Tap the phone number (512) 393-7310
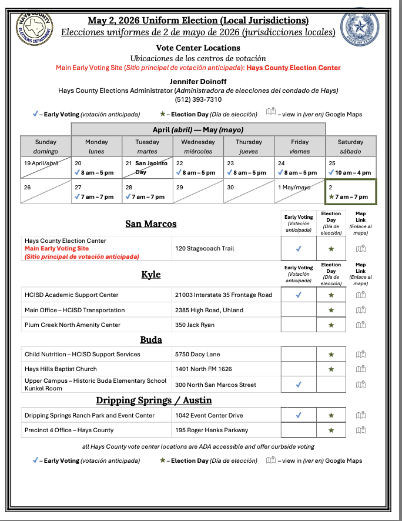pos(198,99)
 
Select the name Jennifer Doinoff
pos(198,81)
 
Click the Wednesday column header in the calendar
pos(198,146)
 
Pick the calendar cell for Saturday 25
pos(351,168)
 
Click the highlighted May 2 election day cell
pos(351,192)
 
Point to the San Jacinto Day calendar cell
pos(147,168)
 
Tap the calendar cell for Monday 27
pos(96,192)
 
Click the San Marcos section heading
pos(150,223)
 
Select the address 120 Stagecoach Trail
pos(205,248)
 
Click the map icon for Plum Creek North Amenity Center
pos(361,325)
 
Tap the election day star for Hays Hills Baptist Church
pos(331,369)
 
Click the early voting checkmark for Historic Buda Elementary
pos(299,385)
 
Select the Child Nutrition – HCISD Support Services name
pos(82,354)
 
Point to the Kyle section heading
pos(150,275)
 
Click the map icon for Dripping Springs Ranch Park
pos(361,415)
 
